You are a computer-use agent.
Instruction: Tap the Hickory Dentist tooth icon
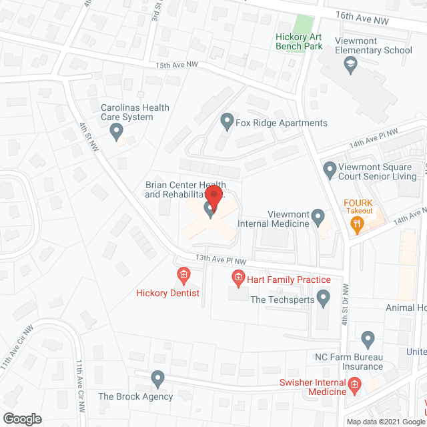click(x=183, y=274)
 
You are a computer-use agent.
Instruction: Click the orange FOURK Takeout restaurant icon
click(x=357, y=225)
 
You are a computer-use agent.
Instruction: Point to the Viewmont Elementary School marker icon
click(x=350, y=64)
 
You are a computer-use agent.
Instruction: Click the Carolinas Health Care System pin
click(x=118, y=132)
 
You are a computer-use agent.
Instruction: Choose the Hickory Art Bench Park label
click(x=299, y=41)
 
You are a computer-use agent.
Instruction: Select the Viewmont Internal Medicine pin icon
click(x=318, y=217)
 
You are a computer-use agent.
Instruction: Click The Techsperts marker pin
click(x=324, y=298)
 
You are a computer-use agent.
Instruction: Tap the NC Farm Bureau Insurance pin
click(x=367, y=338)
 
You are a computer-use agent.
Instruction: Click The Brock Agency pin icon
click(x=157, y=380)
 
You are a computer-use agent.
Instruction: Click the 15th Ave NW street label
click(x=177, y=65)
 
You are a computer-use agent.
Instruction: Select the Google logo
click(x=21, y=419)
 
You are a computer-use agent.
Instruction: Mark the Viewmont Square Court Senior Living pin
click(x=330, y=170)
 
